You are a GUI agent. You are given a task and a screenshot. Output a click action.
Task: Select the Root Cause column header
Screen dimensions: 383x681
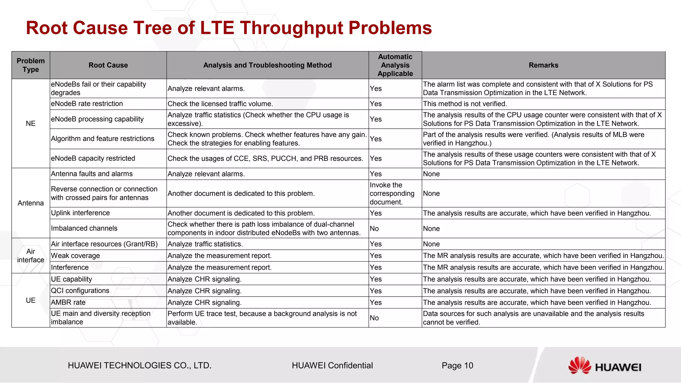pos(108,65)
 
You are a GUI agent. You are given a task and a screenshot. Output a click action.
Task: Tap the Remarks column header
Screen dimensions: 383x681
pos(543,65)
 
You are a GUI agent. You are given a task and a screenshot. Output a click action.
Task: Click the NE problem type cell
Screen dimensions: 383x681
pos(31,123)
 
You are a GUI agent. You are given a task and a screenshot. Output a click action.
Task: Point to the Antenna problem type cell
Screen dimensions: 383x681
pos(31,203)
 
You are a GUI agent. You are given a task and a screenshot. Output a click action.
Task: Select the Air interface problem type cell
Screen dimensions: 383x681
pos(31,256)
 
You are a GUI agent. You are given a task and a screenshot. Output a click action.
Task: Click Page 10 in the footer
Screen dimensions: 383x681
pos(457,365)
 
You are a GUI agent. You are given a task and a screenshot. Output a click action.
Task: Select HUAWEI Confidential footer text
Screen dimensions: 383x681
pos(332,365)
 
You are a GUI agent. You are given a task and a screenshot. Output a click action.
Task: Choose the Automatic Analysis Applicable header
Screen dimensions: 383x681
pos(395,65)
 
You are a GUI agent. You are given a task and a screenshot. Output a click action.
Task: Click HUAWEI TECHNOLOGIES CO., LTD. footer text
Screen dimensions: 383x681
pos(140,365)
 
